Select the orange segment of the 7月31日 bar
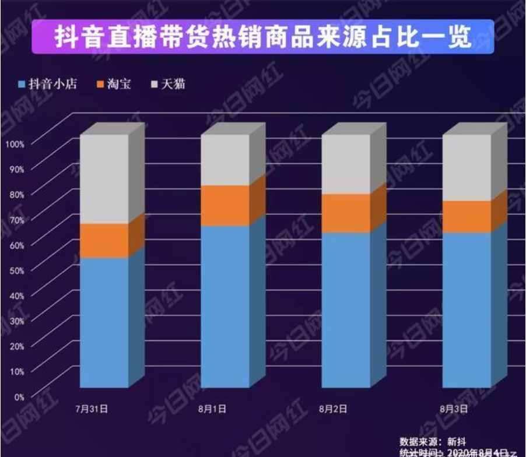[104, 240]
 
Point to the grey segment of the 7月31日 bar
[104, 178]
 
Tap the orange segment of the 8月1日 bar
[225, 205]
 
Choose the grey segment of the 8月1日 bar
[225, 160]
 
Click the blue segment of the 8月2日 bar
[346, 310]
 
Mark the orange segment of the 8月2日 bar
[346, 213]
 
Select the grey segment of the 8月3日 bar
[467, 167]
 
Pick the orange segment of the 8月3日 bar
[467, 216]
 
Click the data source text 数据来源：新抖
[432, 441]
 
